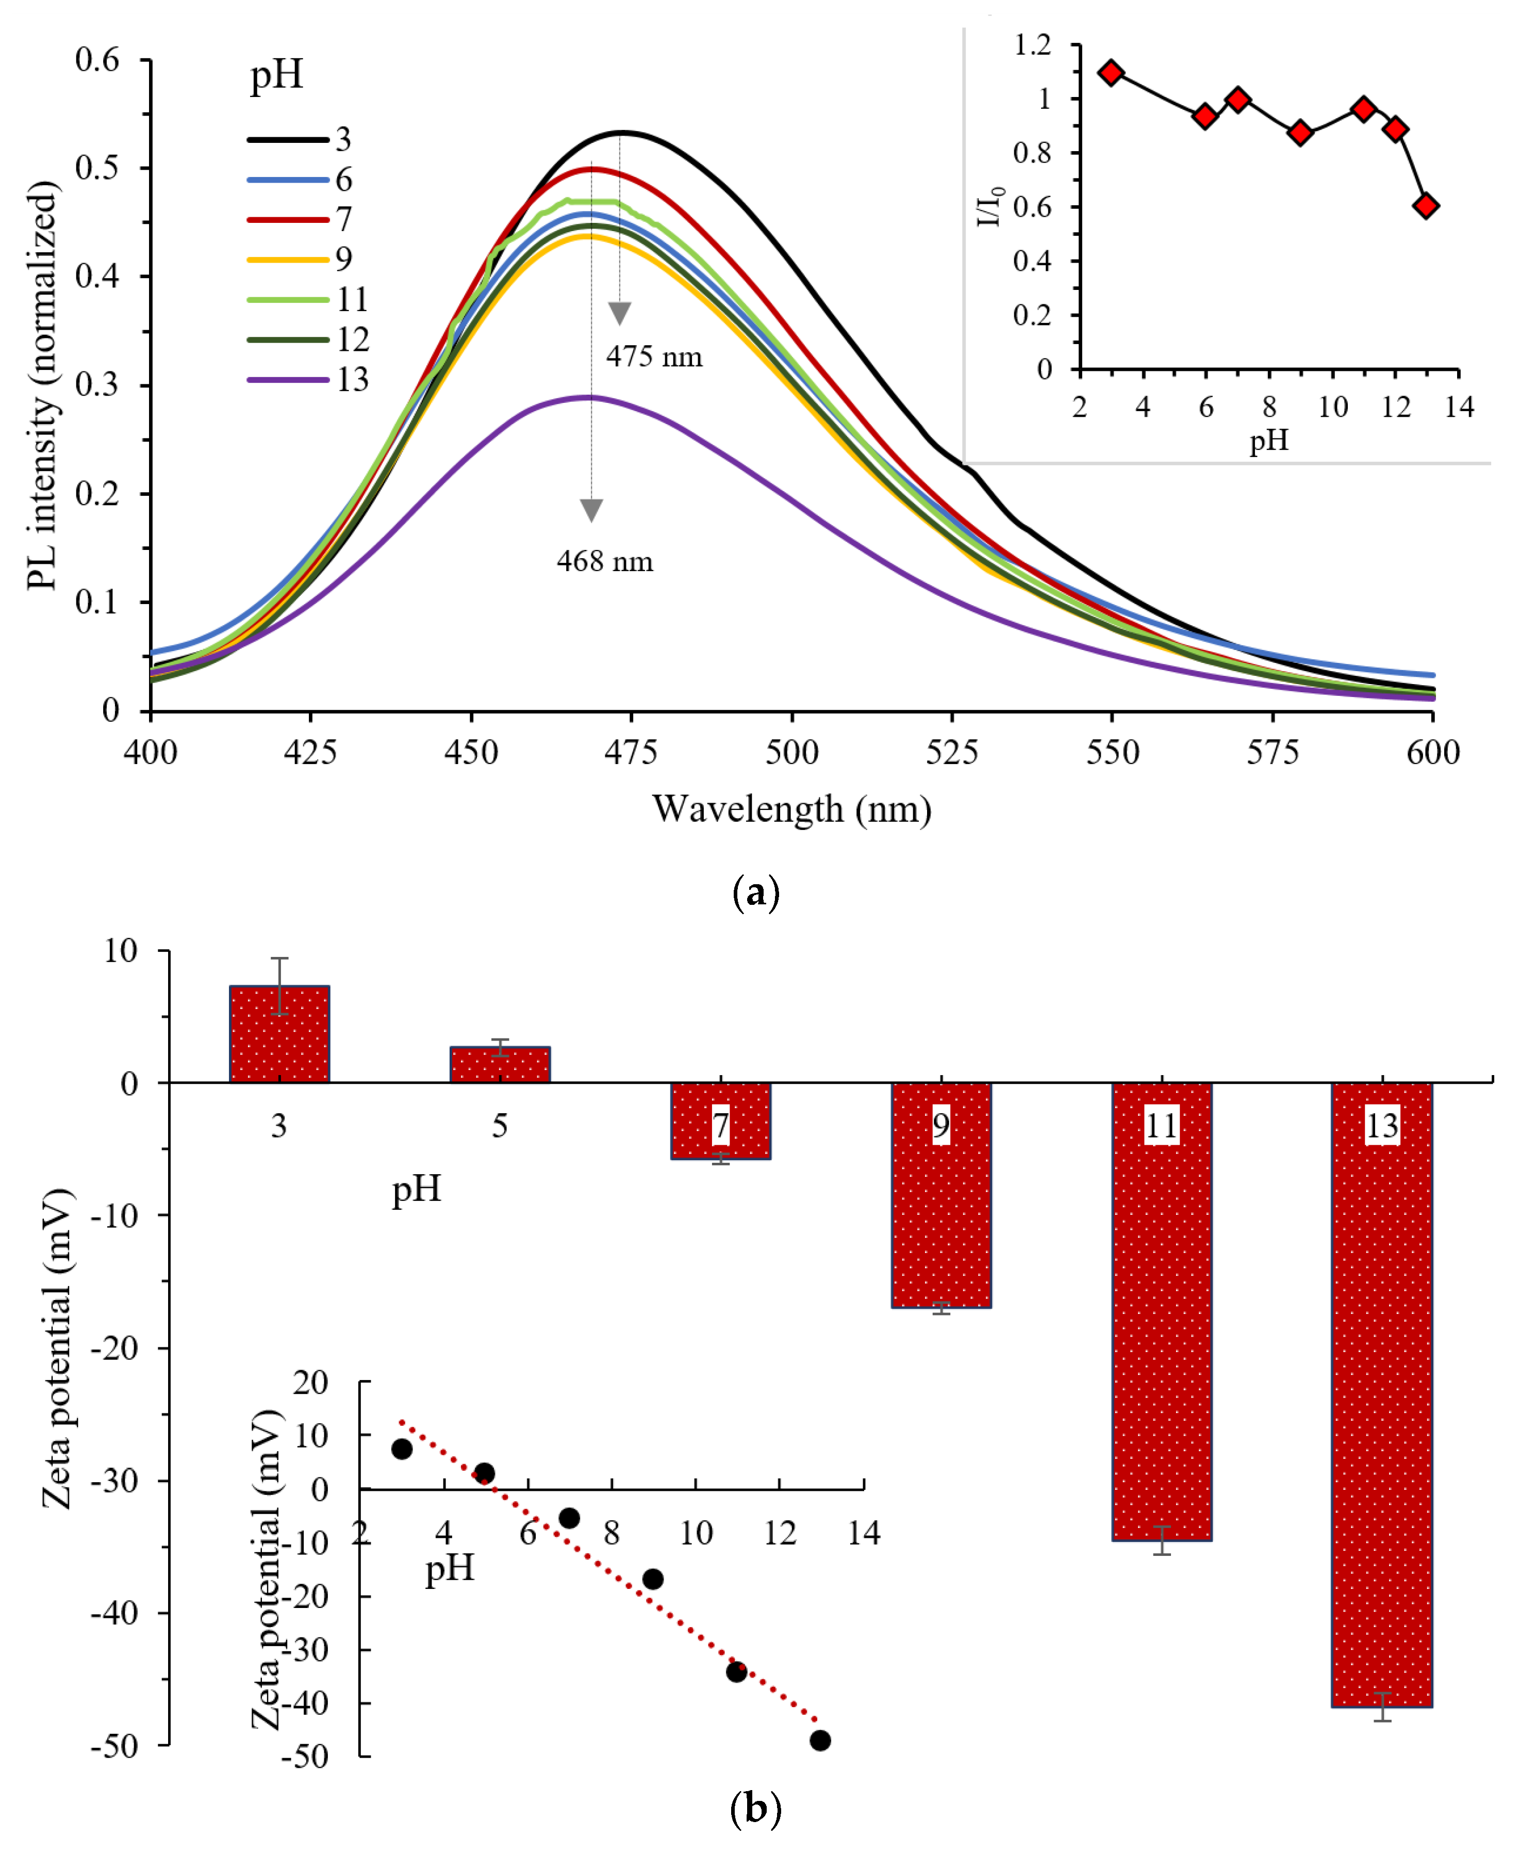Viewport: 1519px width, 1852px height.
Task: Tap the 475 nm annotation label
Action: [654, 357]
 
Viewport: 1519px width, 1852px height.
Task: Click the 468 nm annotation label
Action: [605, 561]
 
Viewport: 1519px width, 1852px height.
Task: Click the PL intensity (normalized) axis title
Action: [42, 385]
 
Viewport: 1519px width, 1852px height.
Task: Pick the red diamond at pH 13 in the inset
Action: [1426, 206]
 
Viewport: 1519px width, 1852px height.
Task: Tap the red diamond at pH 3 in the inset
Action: [1111, 73]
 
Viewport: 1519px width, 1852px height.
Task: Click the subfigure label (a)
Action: [754, 893]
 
